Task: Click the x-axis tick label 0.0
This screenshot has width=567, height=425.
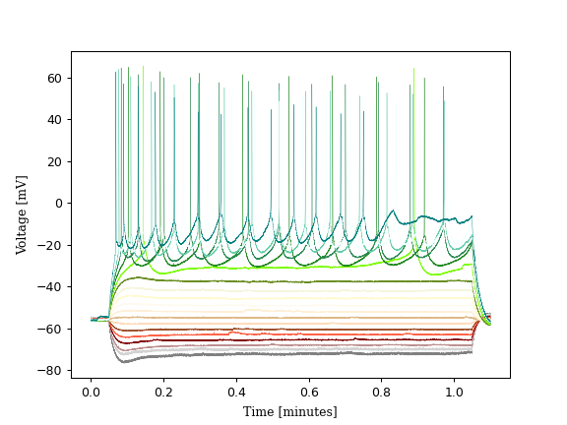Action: point(91,392)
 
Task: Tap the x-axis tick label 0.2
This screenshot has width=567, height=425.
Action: point(163,392)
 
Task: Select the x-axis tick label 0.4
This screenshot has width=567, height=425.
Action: point(236,392)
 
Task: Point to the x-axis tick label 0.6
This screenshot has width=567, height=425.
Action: point(309,392)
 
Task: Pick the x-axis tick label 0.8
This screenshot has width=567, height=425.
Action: point(382,392)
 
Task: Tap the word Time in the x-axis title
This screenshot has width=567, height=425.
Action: point(259,411)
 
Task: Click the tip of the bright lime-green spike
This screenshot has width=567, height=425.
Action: point(413,69)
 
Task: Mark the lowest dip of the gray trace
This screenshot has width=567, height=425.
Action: point(122,362)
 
